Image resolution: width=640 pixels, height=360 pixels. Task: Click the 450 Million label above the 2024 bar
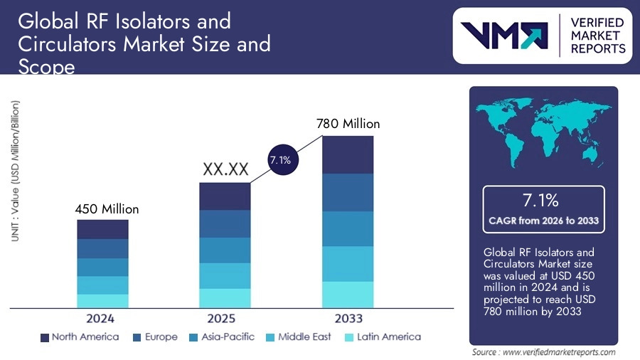[x=107, y=209]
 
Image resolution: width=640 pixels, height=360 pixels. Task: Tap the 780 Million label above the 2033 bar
[x=348, y=124]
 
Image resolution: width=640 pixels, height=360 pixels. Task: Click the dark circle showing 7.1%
[x=279, y=161]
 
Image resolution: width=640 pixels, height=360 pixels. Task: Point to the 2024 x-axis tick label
[x=100, y=318]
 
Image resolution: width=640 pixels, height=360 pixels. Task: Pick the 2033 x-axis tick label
[x=348, y=318]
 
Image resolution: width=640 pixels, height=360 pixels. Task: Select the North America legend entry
[x=79, y=337]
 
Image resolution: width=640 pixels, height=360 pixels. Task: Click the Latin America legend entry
[x=382, y=337]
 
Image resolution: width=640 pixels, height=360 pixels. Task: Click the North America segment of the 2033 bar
[x=348, y=154]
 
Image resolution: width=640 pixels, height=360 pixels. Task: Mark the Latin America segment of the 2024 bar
[x=102, y=301]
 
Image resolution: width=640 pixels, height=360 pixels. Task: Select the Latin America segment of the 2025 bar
[x=225, y=298]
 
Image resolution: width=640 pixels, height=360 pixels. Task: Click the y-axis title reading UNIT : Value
[x=15, y=171]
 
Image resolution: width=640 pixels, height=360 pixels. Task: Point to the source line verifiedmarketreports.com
[x=544, y=352]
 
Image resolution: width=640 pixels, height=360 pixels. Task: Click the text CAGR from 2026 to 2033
[x=544, y=221]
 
